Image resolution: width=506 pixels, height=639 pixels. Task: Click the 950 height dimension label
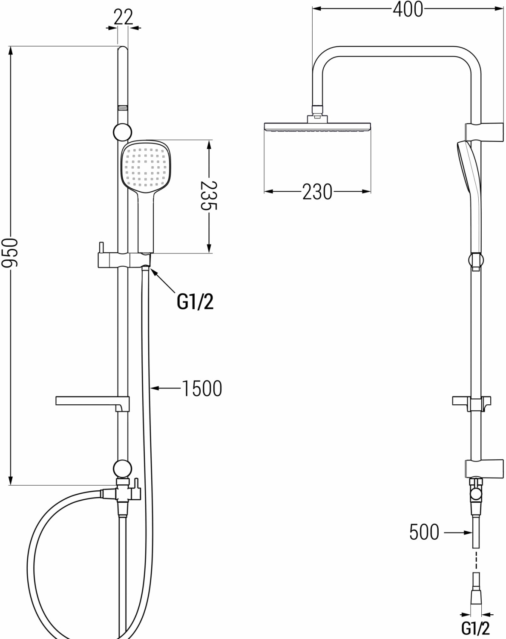(10, 252)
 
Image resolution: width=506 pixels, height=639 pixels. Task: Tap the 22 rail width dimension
(123, 17)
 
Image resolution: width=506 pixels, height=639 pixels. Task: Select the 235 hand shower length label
(209, 196)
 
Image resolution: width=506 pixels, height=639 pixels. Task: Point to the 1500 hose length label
(202, 389)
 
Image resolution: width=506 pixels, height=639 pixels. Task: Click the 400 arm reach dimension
(408, 9)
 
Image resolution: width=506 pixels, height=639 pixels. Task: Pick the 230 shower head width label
(317, 192)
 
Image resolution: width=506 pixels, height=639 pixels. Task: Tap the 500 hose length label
(424, 532)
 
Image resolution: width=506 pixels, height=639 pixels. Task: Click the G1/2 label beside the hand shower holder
(195, 302)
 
